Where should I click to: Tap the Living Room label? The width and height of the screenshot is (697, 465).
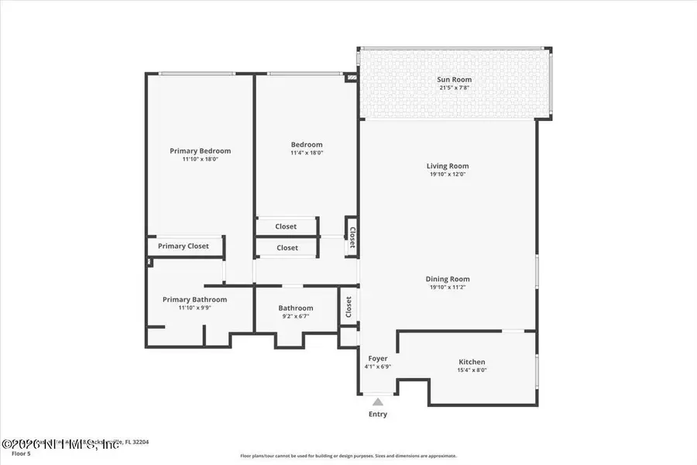(448, 166)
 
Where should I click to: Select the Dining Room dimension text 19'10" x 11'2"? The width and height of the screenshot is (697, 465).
(448, 288)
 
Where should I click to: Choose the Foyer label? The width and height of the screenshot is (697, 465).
(377, 358)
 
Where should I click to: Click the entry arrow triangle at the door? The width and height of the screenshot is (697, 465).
(377, 401)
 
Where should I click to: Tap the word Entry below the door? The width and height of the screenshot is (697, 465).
(377, 415)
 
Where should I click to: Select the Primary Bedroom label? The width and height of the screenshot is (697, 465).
(200, 151)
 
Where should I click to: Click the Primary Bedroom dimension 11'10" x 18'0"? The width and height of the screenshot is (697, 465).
(200, 160)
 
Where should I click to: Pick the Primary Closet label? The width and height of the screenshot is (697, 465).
(184, 246)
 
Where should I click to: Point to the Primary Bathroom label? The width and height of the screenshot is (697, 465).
(194, 300)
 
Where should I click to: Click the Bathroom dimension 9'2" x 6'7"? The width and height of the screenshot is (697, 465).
(296, 316)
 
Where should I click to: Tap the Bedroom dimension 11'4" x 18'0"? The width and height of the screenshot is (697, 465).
(307, 153)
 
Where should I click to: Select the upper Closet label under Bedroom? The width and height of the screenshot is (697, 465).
(287, 227)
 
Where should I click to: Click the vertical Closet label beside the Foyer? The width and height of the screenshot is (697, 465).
(348, 308)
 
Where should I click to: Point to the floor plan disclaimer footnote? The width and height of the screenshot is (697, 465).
(348, 456)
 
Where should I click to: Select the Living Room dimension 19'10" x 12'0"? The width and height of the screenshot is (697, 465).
(448, 174)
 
